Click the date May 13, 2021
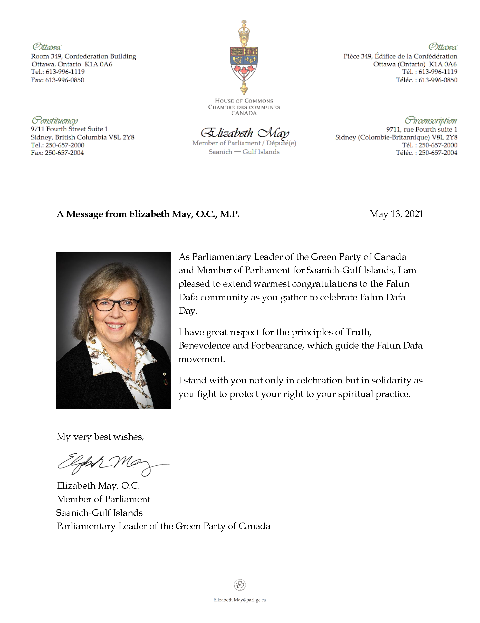(396, 214)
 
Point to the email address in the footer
(239, 600)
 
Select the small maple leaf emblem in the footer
(240, 585)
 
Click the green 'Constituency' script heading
(55, 120)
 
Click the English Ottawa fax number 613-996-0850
(65, 80)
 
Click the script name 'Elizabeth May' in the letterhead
(245, 133)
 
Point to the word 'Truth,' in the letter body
(359, 332)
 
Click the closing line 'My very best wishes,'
(100, 437)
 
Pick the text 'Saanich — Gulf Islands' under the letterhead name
(244, 152)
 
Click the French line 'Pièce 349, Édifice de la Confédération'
(400, 56)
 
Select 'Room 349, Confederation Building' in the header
(83, 56)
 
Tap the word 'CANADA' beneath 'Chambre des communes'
(244, 113)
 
